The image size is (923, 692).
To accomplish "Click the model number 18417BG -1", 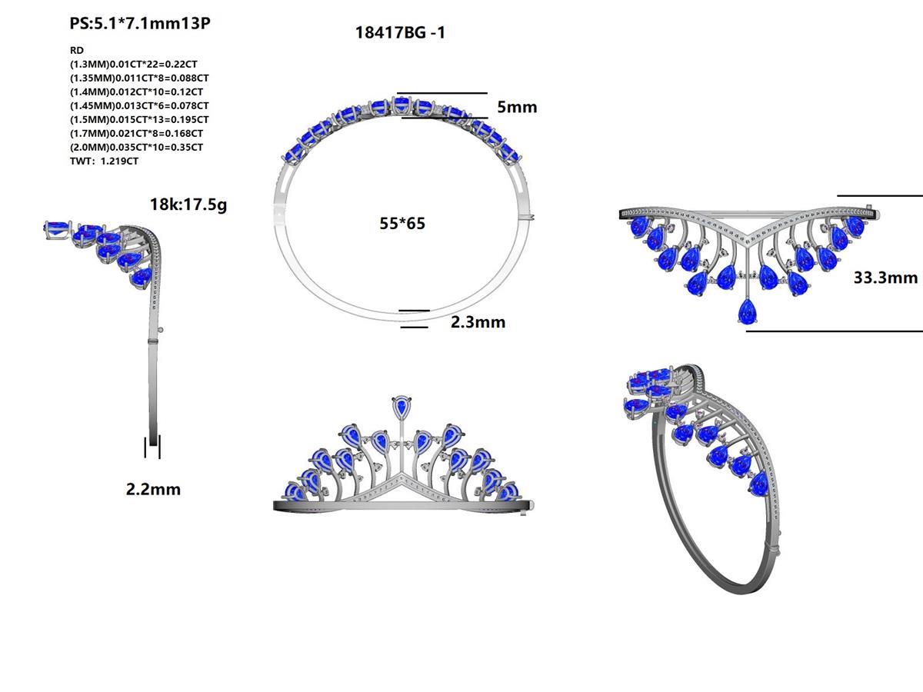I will point(399,32).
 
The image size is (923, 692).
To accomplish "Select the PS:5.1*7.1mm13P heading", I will point(140,23).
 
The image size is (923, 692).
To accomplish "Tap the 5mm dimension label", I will point(516,107).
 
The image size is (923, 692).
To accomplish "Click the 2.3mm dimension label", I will point(478,322).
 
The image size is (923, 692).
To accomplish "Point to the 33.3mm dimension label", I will point(885,278).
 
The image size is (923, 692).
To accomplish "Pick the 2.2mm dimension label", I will point(153,489).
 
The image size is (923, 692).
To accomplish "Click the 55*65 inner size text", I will point(402,224).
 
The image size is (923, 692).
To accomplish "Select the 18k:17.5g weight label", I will point(188,205).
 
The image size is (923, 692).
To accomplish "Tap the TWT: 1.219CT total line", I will point(104,161).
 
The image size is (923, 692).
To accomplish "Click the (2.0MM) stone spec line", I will point(136,147).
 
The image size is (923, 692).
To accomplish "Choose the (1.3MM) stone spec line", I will point(133,65).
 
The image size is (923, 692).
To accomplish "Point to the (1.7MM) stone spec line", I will point(138,133).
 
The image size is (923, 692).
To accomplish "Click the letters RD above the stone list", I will point(76,50).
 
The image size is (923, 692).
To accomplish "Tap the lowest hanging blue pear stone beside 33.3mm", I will point(746,311).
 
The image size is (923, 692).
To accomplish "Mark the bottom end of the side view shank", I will point(154,441).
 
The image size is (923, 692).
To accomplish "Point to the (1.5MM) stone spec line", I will point(138,119).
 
